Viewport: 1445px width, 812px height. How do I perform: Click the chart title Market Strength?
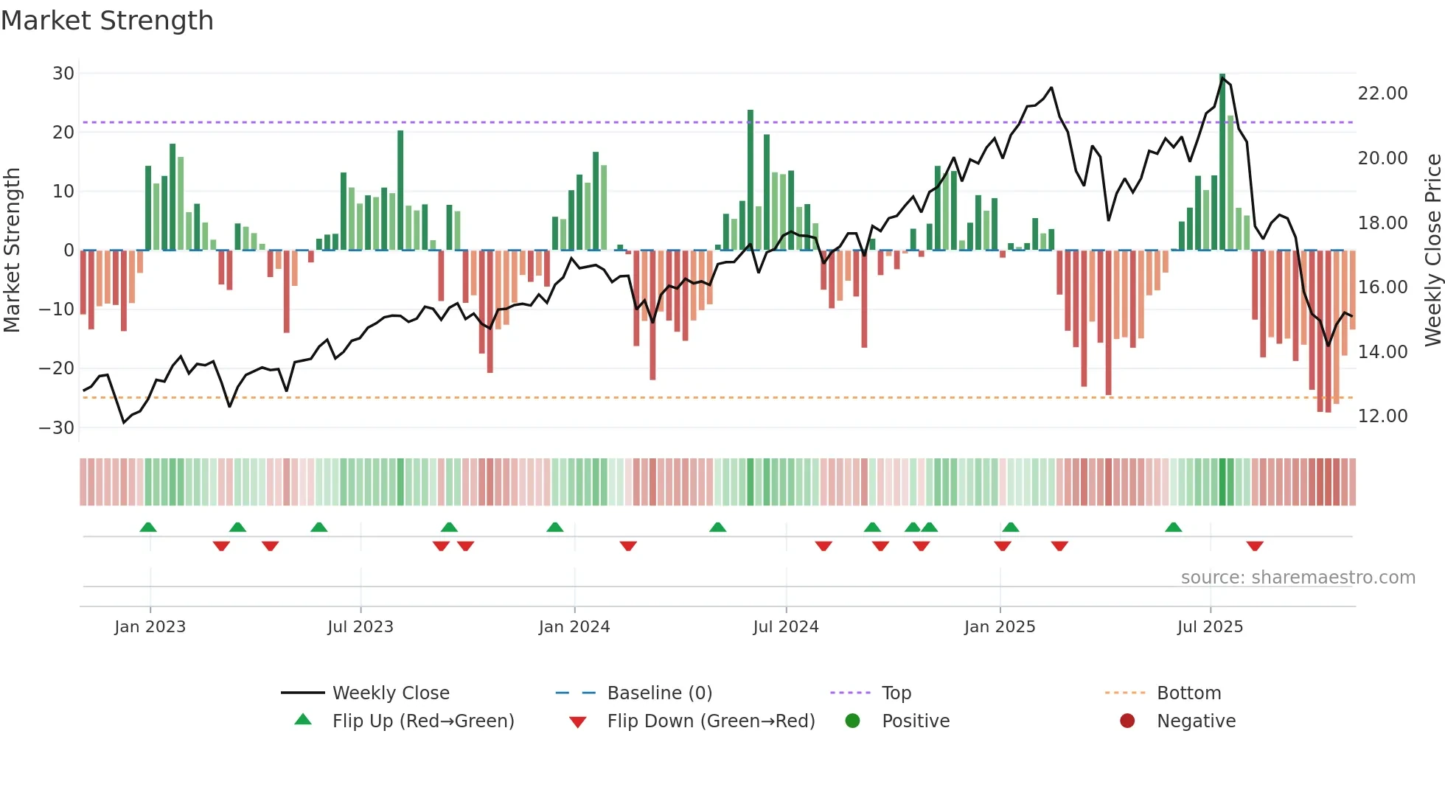107,21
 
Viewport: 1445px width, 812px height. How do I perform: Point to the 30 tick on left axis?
63,74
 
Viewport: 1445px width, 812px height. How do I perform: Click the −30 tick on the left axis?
57,428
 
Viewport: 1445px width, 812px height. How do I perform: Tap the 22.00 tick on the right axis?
1382,94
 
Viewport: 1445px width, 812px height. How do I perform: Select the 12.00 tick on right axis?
1382,416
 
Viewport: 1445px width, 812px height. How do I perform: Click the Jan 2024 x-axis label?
574,627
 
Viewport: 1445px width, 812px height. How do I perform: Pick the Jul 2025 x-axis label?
1210,627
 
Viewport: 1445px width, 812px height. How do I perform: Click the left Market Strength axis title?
12,251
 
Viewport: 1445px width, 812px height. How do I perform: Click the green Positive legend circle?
853,721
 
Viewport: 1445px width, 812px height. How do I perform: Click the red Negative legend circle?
1127,721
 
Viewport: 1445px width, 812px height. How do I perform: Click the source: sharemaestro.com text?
1298,578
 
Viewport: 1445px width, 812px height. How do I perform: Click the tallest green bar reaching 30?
1222,162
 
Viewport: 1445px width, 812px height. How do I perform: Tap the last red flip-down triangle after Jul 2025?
1255,546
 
